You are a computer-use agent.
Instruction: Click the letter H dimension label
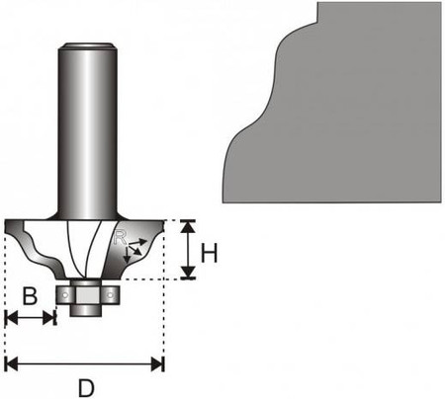click(x=209, y=253)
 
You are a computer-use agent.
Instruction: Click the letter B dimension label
click(x=30, y=295)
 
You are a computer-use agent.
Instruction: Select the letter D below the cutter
click(x=86, y=388)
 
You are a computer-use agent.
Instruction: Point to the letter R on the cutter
click(x=119, y=237)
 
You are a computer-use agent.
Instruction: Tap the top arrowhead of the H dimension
click(x=188, y=227)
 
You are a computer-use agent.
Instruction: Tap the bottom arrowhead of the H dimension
click(x=188, y=273)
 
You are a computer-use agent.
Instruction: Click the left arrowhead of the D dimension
click(x=12, y=364)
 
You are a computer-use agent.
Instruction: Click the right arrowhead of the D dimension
click(x=157, y=364)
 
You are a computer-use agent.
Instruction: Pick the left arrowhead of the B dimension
click(x=12, y=318)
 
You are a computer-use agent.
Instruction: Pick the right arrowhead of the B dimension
click(x=48, y=318)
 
